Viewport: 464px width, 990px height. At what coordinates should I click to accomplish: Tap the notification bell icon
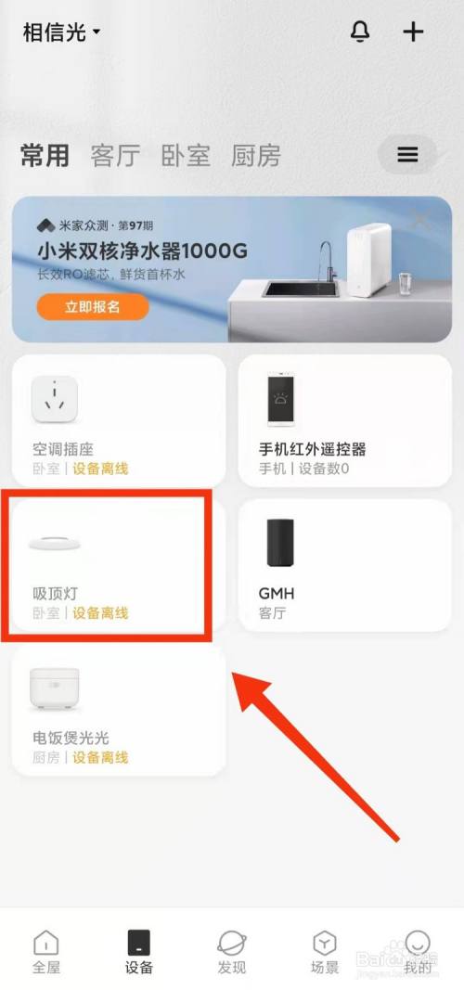[360, 32]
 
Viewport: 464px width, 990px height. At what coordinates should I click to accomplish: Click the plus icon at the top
[413, 32]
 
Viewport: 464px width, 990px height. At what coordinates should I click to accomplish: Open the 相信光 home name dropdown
[61, 32]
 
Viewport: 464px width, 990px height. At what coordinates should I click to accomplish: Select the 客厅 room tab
[115, 156]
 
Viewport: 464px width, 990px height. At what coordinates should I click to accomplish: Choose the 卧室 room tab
[186, 156]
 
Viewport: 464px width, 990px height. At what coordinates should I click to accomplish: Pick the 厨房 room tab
[255, 156]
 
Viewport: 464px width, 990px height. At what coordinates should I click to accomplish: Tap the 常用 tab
[45, 156]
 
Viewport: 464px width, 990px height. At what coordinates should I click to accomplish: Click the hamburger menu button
[408, 154]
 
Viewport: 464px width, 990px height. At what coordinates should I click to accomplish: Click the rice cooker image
[54, 689]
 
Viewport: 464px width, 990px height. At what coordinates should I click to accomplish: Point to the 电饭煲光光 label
[71, 739]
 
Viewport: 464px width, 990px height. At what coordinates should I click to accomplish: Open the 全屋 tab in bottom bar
[46, 951]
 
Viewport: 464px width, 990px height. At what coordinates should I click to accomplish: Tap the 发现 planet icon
[232, 943]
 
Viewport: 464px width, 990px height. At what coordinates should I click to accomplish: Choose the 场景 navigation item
[325, 951]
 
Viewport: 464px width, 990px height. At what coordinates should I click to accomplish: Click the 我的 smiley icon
[418, 943]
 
